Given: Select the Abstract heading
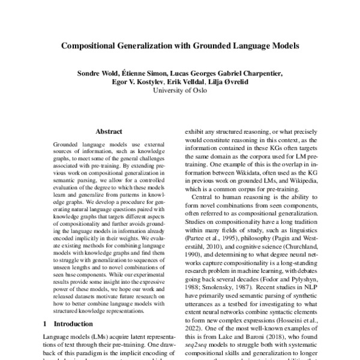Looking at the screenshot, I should [x=108, y=131].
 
